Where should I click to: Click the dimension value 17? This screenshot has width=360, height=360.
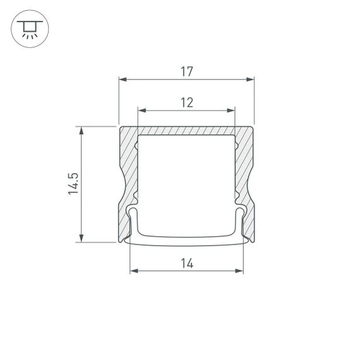(186, 72)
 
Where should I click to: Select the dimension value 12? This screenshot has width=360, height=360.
(186, 102)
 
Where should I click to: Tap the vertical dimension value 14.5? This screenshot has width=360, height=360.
(73, 184)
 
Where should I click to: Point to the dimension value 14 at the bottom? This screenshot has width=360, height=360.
(186, 264)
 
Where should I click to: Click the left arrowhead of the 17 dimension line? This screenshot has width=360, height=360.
(123, 80)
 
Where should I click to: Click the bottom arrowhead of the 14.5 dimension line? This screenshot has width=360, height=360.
(81, 238)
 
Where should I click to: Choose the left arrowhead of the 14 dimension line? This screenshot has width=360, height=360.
(133, 272)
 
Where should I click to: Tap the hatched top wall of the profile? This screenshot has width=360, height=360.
(186, 130)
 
